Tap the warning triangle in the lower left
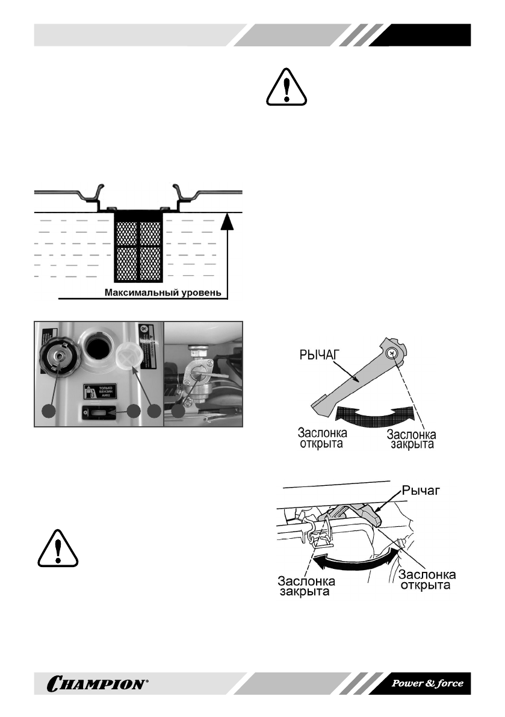tap(58, 548)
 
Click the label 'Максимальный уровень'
tap(166, 294)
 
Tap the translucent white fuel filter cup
tap(130, 359)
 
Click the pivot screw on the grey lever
tap(392, 353)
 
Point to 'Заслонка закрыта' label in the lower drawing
tap(306, 588)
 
